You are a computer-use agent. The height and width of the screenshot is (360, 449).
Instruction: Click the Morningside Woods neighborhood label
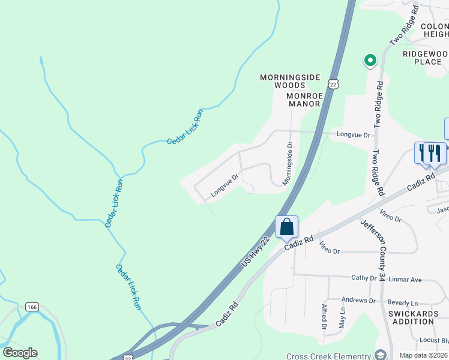click(291, 81)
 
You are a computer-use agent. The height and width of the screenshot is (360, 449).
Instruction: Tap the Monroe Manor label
click(304, 99)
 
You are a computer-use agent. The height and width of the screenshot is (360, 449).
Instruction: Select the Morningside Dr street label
click(288, 163)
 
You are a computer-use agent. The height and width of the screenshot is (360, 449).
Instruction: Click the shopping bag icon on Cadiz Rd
click(287, 227)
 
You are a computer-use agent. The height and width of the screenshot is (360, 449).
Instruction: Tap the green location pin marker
click(370, 60)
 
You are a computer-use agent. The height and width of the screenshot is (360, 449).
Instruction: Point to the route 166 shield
click(32, 307)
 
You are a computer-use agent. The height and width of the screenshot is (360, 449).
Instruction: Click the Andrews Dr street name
click(358, 300)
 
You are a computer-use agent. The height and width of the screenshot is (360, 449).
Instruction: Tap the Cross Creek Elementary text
click(328, 356)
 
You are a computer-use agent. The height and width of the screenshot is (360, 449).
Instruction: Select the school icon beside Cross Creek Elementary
click(379, 355)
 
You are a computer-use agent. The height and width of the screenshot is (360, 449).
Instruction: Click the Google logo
click(20, 353)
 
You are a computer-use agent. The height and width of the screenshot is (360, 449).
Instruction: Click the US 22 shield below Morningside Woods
click(333, 83)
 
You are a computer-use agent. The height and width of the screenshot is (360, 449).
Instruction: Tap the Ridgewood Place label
click(426, 58)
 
